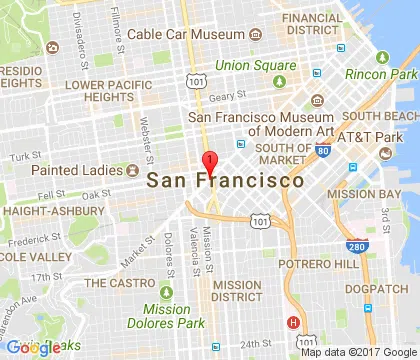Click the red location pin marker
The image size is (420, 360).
pyautogui.click(x=209, y=164)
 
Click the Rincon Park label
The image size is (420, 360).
pyautogui.click(x=381, y=74)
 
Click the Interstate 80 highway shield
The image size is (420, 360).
pyautogui.click(x=322, y=151)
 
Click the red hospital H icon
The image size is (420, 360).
pyautogui.click(x=293, y=322)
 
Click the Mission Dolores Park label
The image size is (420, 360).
pyautogui.click(x=166, y=315)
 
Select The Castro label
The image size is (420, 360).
pyautogui.click(x=117, y=283)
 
